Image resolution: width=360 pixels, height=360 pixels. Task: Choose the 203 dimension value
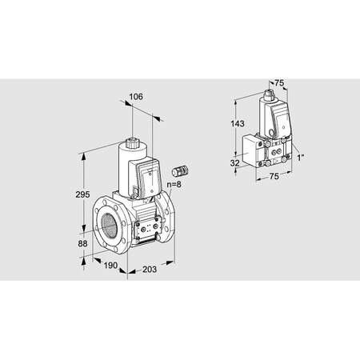[x=150, y=270]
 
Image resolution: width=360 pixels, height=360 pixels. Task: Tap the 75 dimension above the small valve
[x=279, y=82]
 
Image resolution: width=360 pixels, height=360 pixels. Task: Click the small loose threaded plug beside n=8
[x=179, y=170]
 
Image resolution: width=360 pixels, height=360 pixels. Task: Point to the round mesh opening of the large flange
[x=110, y=227]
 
